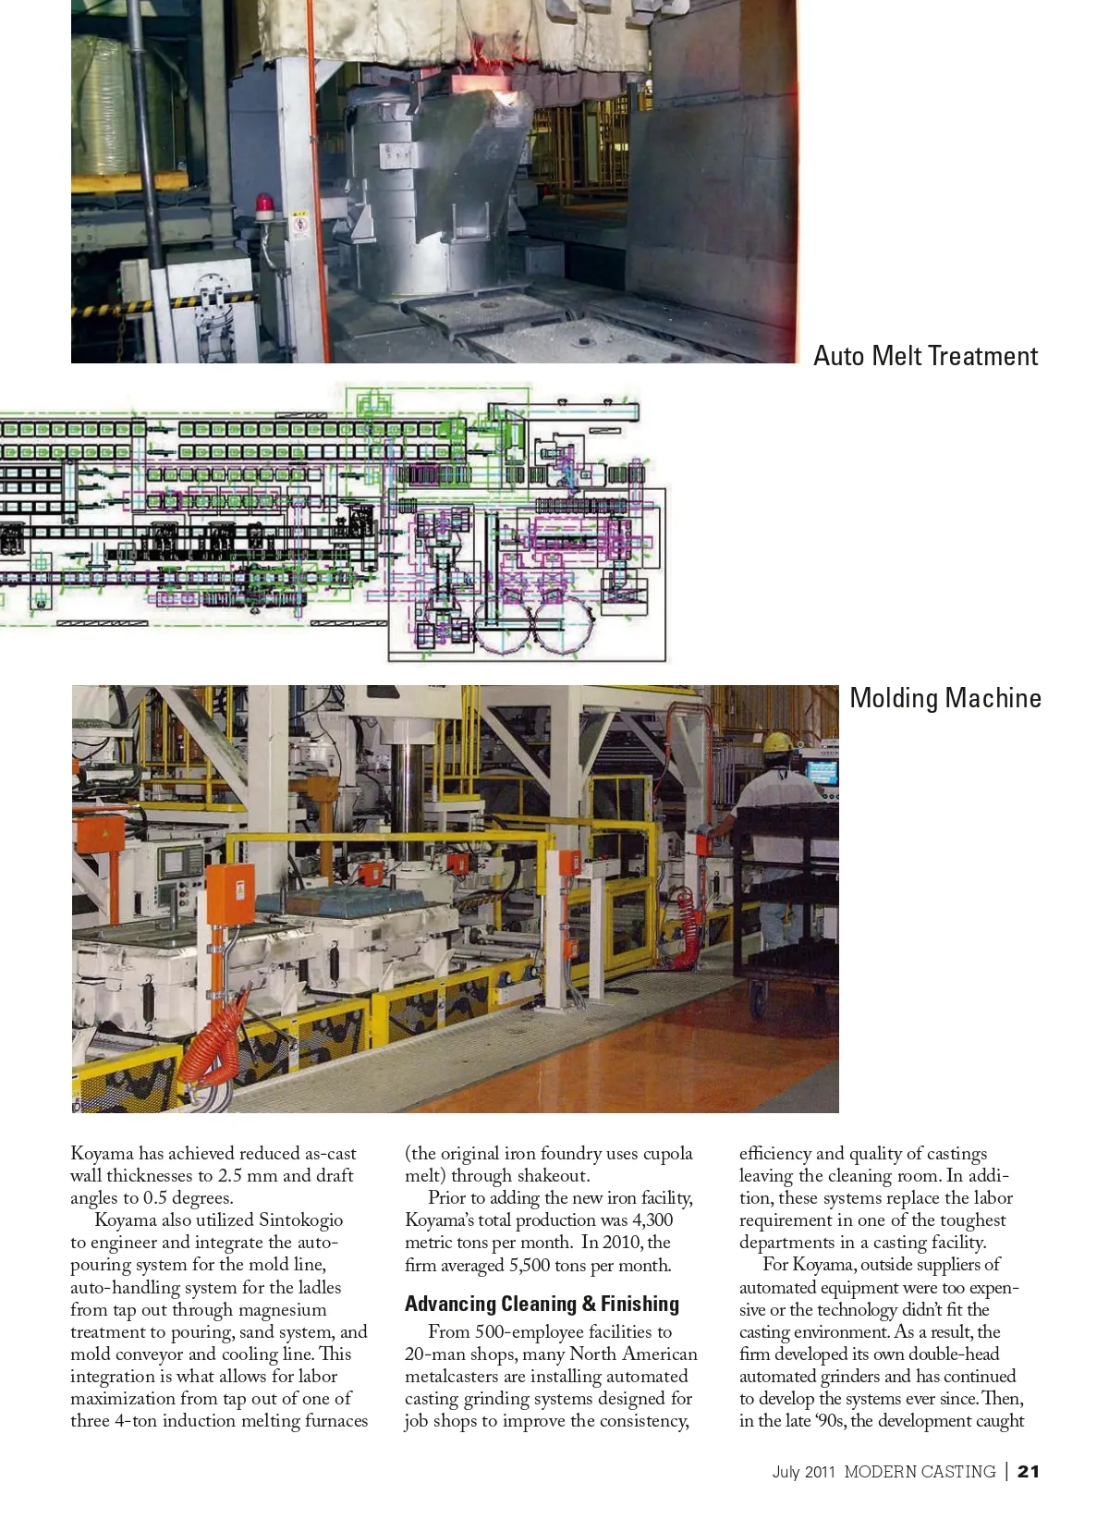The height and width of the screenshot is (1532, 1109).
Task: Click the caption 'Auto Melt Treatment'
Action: tap(925, 356)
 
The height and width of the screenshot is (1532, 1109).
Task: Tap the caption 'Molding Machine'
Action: tap(944, 698)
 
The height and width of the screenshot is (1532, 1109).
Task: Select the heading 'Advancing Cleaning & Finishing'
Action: tap(542, 1304)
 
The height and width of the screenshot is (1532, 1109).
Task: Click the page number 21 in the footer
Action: tap(1028, 1471)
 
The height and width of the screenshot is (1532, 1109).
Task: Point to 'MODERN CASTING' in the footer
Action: tap(920, 1471)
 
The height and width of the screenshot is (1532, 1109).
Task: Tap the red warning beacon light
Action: tap(265, 204)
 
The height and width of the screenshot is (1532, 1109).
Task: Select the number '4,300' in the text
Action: tap(652, 1220)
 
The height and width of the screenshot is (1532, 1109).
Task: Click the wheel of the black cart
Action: tap(758, 999)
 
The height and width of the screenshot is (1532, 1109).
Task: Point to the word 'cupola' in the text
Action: tap(667, 1154)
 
